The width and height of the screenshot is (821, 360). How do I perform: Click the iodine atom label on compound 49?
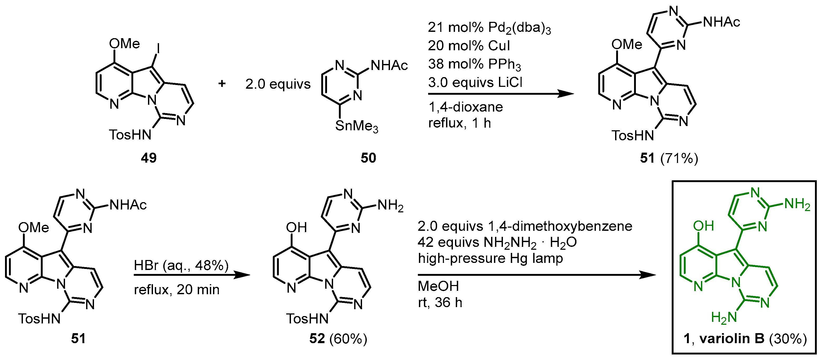(x=159, y=49)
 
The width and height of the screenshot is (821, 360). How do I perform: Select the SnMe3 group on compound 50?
(x=356, y=126)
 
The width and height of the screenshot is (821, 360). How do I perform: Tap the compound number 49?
(x=149, y=158)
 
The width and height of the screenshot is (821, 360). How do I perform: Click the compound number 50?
(x=368, y=158)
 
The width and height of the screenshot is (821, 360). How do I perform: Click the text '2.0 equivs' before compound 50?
(x=278, y=84)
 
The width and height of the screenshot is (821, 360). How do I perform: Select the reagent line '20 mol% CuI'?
(x=468, y=46)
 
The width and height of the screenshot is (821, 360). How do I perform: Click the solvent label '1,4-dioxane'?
(x=465, y=107)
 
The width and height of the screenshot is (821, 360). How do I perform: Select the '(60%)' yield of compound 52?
(x=348, y=339)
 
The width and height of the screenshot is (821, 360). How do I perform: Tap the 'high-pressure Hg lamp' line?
(x=490, y=258)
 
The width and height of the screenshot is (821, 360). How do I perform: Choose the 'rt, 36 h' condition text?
(x=440, y=302)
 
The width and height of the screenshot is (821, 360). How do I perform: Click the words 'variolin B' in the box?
(x=732, y=338)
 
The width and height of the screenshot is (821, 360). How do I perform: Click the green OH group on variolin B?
(x=703, y=226)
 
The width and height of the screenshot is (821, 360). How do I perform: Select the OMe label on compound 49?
(x=124, y=44)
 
